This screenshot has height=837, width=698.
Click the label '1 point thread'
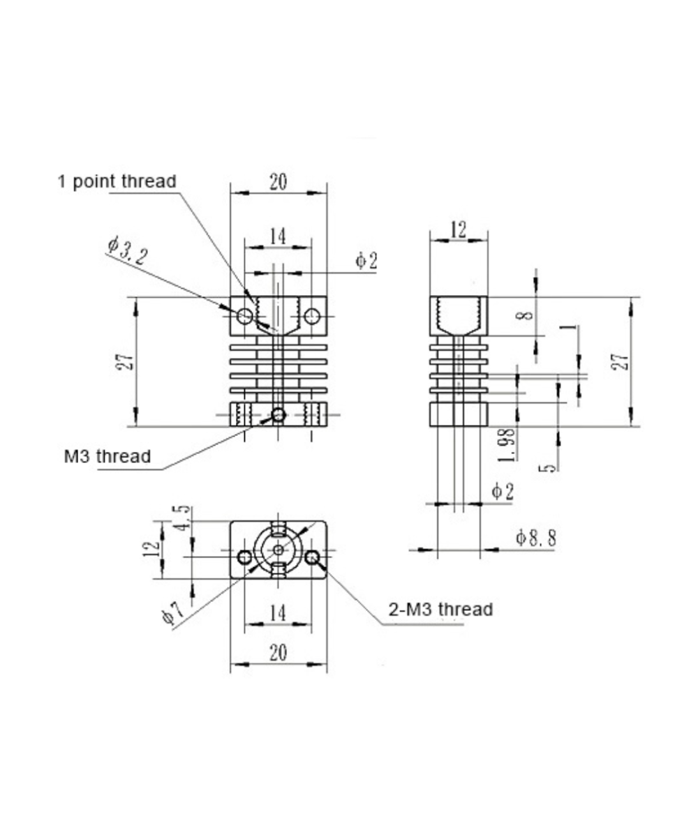pos(117,181)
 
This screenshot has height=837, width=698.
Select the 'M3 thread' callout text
pos(107,457)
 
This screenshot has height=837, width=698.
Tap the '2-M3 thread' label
pos(440,609)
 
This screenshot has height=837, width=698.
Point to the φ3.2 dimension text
pos(127,250)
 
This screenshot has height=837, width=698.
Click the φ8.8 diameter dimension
pos(536,537)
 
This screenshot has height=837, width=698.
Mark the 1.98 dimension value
pos(509,444)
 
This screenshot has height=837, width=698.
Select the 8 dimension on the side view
pos(528,315)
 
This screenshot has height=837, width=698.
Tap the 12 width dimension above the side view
pos(458,229)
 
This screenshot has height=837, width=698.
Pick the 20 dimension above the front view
pos(278,182)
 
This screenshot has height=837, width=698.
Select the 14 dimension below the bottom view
pos(278,613)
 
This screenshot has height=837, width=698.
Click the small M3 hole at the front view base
pos(279,415)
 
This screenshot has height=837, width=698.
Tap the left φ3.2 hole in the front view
pos(244,317)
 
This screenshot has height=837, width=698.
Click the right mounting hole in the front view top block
pos(312,317)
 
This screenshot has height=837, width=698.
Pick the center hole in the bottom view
pos(279,550)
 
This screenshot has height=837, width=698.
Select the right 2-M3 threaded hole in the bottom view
pos(312,557)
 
